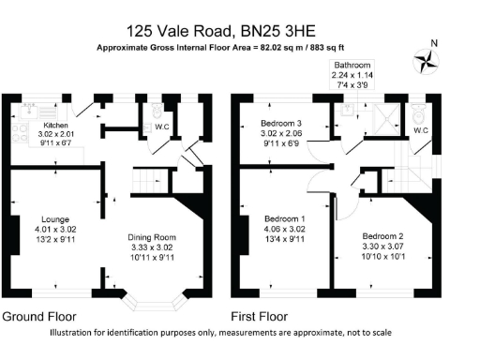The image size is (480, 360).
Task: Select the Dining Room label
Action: click(152, 236)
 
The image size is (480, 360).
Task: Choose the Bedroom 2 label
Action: click(382, 234)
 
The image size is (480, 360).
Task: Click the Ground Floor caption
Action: click(39, 317)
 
